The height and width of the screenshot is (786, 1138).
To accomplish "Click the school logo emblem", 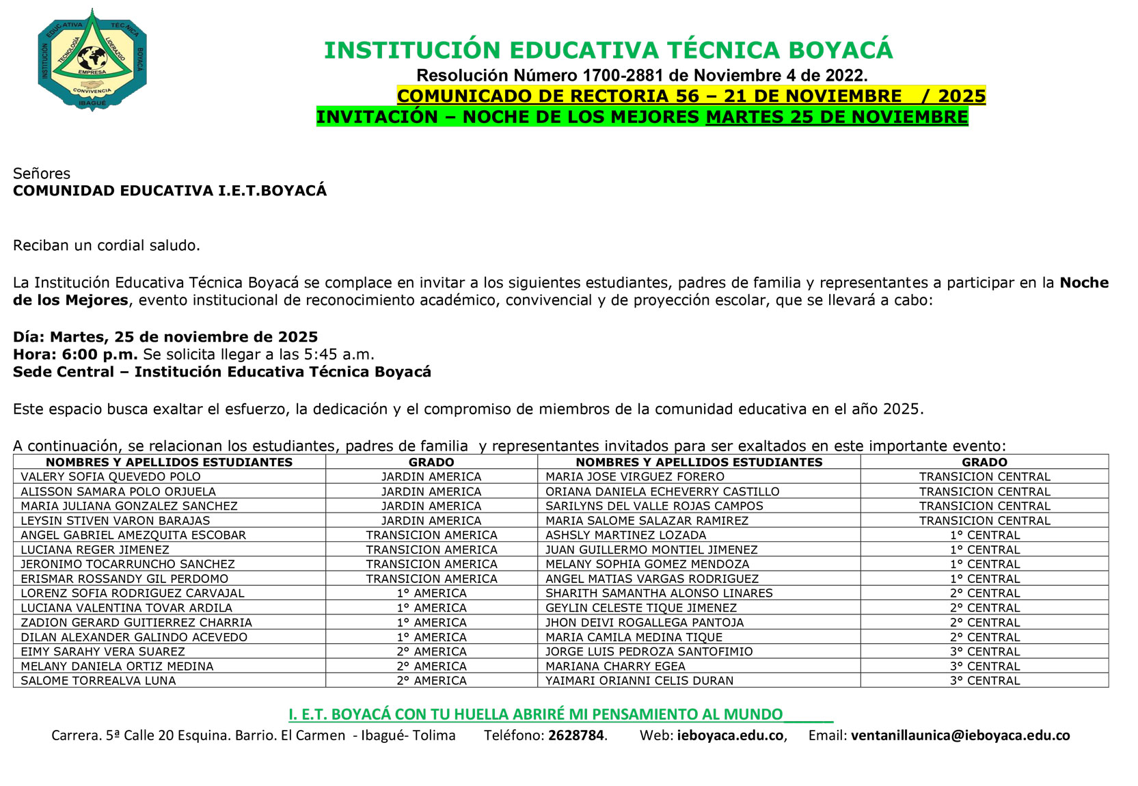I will [x=92, y=59].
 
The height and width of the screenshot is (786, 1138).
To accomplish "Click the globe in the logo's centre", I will [x=92, y=57].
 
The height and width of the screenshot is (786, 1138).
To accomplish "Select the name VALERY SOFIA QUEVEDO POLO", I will [x=111, y=477].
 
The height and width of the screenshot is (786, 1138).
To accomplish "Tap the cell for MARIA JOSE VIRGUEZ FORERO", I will [x=634, y=477].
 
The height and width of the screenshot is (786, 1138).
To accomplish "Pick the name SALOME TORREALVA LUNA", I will [x=98, y=681].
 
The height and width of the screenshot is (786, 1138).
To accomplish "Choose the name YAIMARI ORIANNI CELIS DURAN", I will [x=639, y=681].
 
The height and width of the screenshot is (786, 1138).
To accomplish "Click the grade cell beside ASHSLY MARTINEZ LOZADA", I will [x=984, y=535].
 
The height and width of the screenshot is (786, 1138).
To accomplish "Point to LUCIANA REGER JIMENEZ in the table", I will [x=95, y=550].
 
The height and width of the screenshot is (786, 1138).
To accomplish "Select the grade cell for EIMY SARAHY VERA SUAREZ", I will [x=431, y=652].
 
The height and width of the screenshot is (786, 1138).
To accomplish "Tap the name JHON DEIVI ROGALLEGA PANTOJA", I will [x=645, y=623].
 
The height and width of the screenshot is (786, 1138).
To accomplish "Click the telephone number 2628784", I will [x=576, y=735].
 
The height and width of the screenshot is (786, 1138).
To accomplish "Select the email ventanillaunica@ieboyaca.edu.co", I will [x=960, y=735].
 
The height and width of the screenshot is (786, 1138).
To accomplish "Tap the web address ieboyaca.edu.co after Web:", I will [x=730, y=735].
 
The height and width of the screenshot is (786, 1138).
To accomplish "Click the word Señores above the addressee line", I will [x=42, y=174].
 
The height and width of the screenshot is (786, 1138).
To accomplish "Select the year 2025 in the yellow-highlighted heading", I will [x=962, y=96].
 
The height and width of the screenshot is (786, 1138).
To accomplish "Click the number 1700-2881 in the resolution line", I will [x=623, y=76].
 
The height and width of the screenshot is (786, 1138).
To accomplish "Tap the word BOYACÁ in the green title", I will [x=841, y=51].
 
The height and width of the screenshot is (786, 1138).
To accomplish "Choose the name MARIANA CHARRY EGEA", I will [x=615, y=666].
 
